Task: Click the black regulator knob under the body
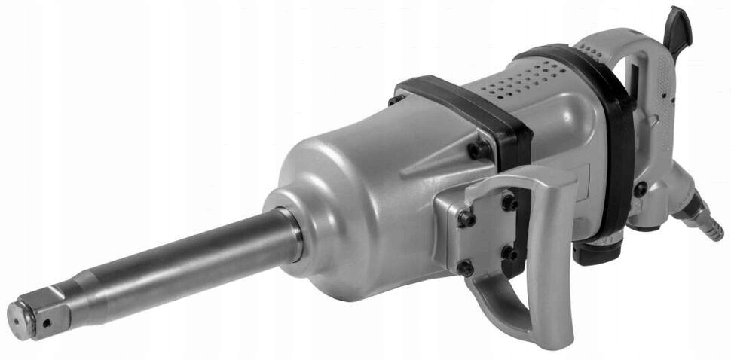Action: pos(595,249)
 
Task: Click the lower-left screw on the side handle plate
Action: pos(466,268)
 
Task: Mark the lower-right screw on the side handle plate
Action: pos(512,253)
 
